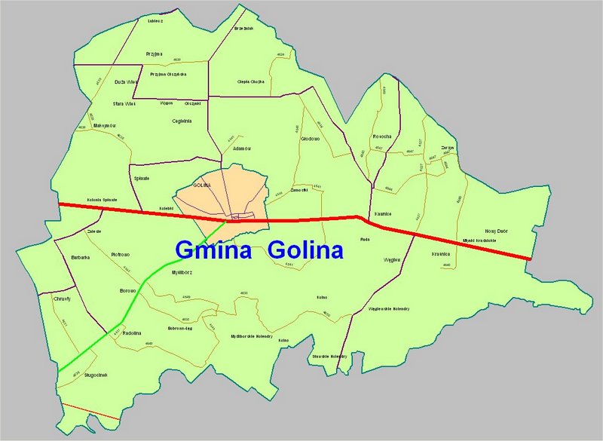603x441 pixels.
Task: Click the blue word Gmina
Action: point(213,250)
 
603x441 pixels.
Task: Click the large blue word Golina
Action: point(305,250)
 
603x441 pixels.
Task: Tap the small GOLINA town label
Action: point(200,185)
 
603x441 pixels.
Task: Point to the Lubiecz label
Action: point(155,21)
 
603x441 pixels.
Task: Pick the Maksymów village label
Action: point(104,125)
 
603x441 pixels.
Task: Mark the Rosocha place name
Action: point(382,136)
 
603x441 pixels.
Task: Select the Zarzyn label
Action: point(448,147)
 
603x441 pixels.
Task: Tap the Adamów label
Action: point(242,149)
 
